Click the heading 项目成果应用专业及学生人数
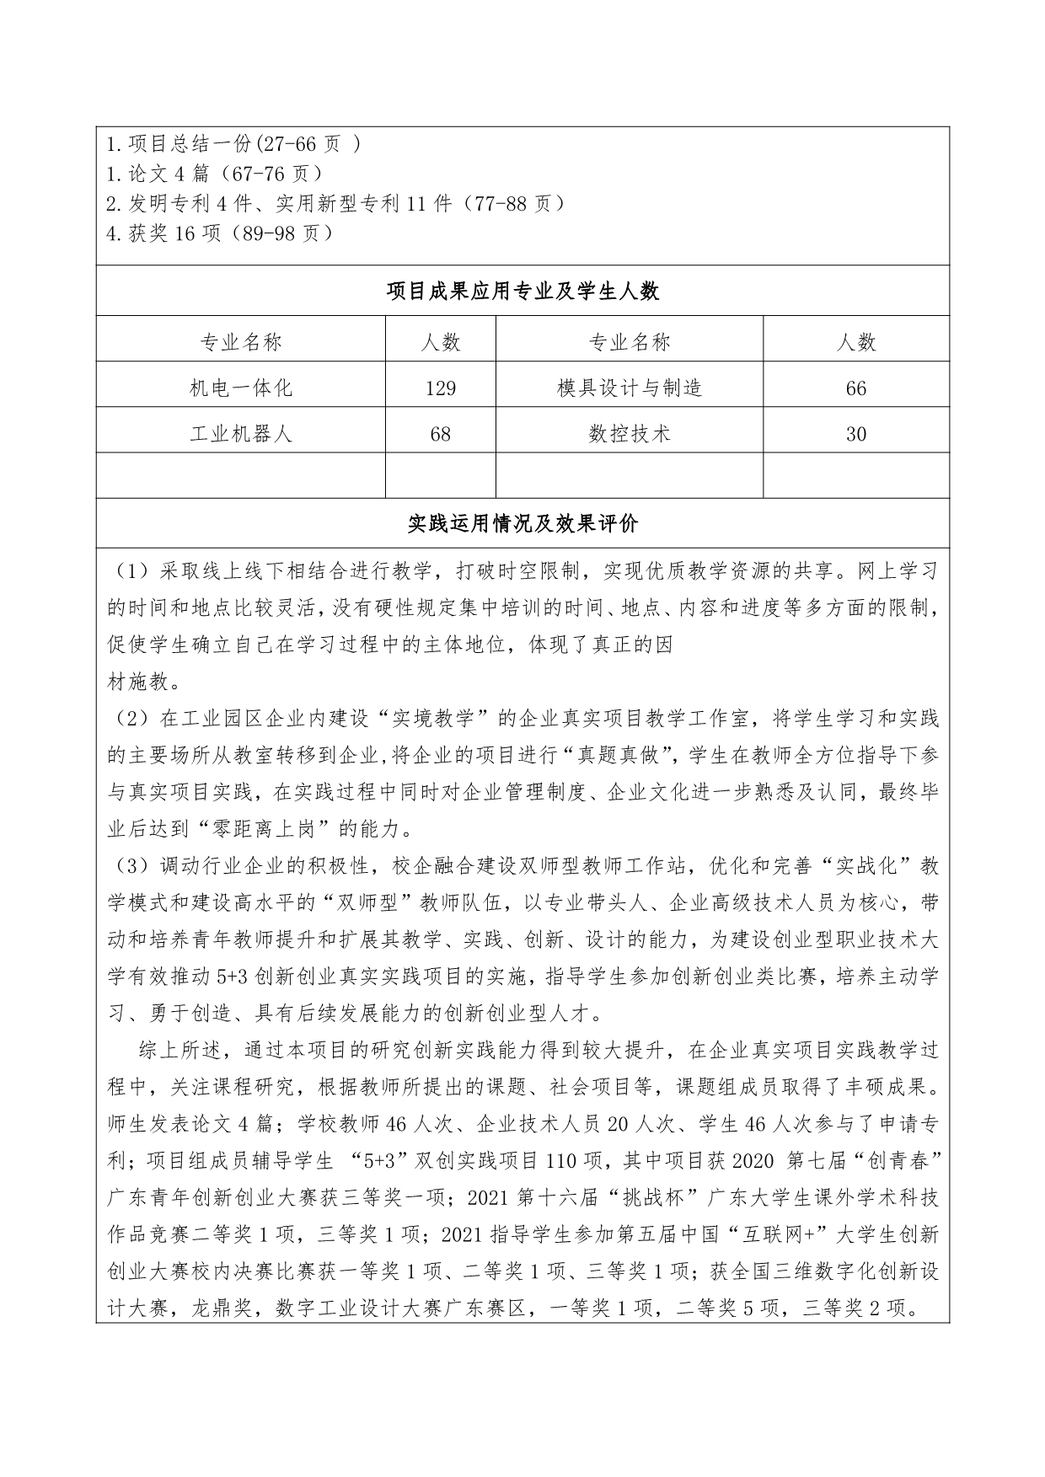click(x=522, y=292)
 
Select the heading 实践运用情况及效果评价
click(x=522, y=524)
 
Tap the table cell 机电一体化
click(x=241, y=388)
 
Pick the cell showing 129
click(x=441, y=388)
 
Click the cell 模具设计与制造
click(x=630, y=388)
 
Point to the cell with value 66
click(x=855, y=388)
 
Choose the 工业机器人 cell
click(x=241, y=434)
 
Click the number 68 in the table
click(x=440, y=434)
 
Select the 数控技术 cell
click(x=630, y=434)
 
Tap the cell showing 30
click(x=855, y=434)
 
